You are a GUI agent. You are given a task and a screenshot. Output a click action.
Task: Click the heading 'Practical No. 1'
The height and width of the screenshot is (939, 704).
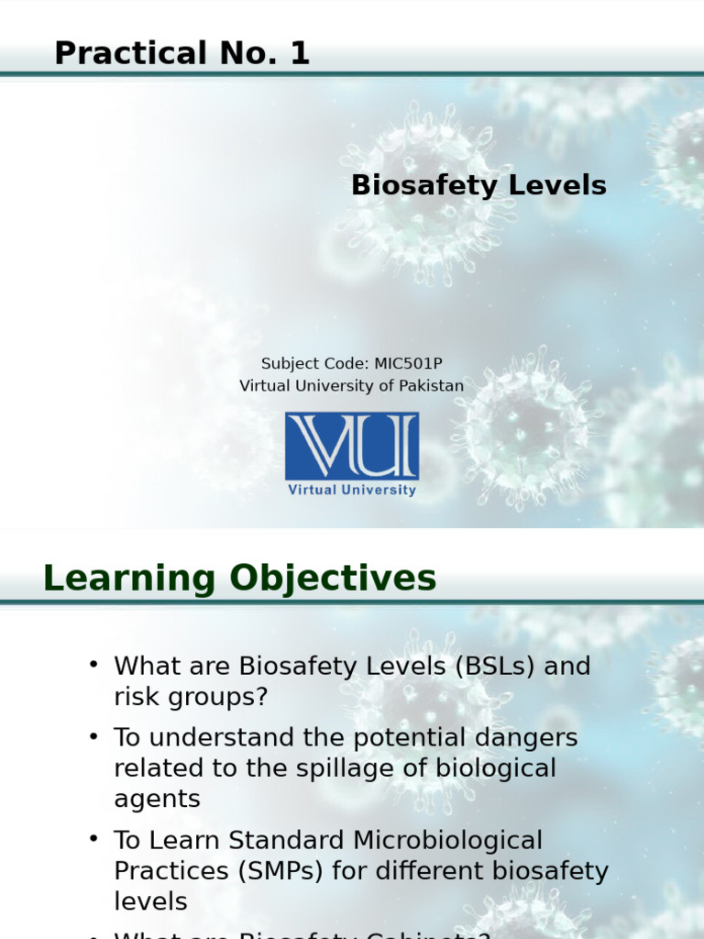click(181, 54)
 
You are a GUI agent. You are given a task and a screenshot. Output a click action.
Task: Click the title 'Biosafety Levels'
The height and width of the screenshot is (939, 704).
click(478, 185)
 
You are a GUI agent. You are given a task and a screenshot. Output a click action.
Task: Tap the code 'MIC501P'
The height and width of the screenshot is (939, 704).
click(408, 363)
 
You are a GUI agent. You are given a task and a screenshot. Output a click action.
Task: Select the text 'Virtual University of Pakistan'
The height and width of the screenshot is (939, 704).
click(351, 386)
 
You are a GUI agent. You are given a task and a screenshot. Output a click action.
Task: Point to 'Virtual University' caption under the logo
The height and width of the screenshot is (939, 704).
click(351, 491)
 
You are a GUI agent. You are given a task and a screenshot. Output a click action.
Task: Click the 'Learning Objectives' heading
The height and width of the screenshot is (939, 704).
click(239, 579)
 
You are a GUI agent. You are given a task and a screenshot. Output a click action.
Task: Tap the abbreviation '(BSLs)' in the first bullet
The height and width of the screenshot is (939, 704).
click(494, 667)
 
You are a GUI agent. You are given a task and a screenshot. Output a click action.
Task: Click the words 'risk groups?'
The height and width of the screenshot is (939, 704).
click(191, 697)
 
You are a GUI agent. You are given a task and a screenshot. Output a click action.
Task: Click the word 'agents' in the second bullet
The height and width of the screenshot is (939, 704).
click(157, 799)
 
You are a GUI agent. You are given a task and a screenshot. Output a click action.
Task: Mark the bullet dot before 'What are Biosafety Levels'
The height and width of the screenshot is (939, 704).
click(93, 665)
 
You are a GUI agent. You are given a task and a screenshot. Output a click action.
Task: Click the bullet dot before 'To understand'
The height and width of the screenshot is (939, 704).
click(93, 736)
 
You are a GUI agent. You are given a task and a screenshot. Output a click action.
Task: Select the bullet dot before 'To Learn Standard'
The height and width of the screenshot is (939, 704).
click(93, 838)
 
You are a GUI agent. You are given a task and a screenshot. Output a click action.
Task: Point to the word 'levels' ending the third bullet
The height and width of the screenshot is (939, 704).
click(150, 901)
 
